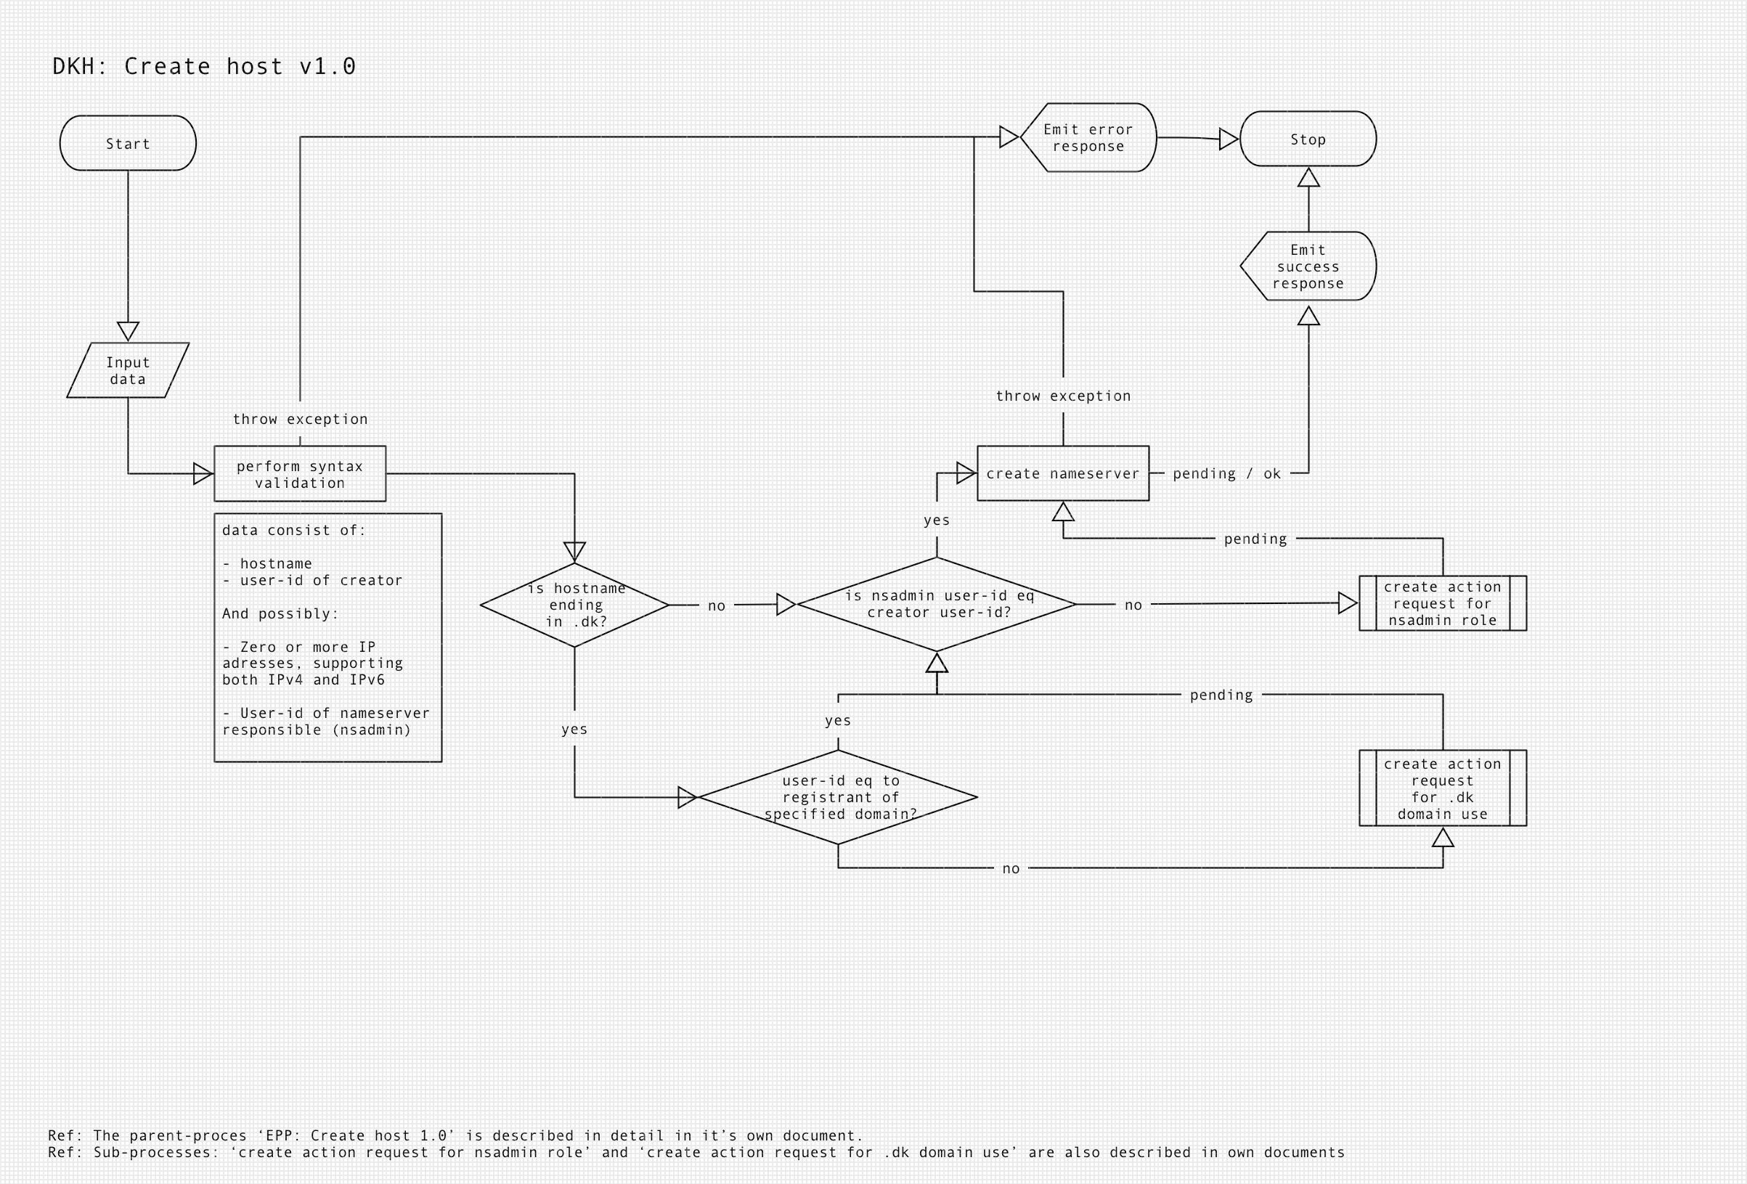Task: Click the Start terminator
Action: point(128,143)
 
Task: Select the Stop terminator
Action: point(1308,139)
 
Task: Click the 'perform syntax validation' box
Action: point(300,473)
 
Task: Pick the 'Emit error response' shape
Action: point(1088,138)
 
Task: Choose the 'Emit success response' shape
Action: point(1308,266)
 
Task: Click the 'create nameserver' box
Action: point(1063,473)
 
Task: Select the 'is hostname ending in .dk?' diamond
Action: point(575,605)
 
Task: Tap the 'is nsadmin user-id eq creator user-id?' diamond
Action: point(937,605)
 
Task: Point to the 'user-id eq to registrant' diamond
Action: point(838,797)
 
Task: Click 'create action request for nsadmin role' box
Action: point(1443,604)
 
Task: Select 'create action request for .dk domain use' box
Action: point(1443,788)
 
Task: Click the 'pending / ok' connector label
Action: point(1226,473)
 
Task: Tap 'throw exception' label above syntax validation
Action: point(300,420)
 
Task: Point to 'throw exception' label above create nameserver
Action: point(1063,396)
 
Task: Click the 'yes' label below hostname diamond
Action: point(574,729)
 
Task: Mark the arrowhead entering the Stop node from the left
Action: point(1229,139)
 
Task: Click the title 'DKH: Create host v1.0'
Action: point(205,67)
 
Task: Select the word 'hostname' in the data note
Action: point(276,564)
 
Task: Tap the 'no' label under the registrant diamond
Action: point(1011,869)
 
